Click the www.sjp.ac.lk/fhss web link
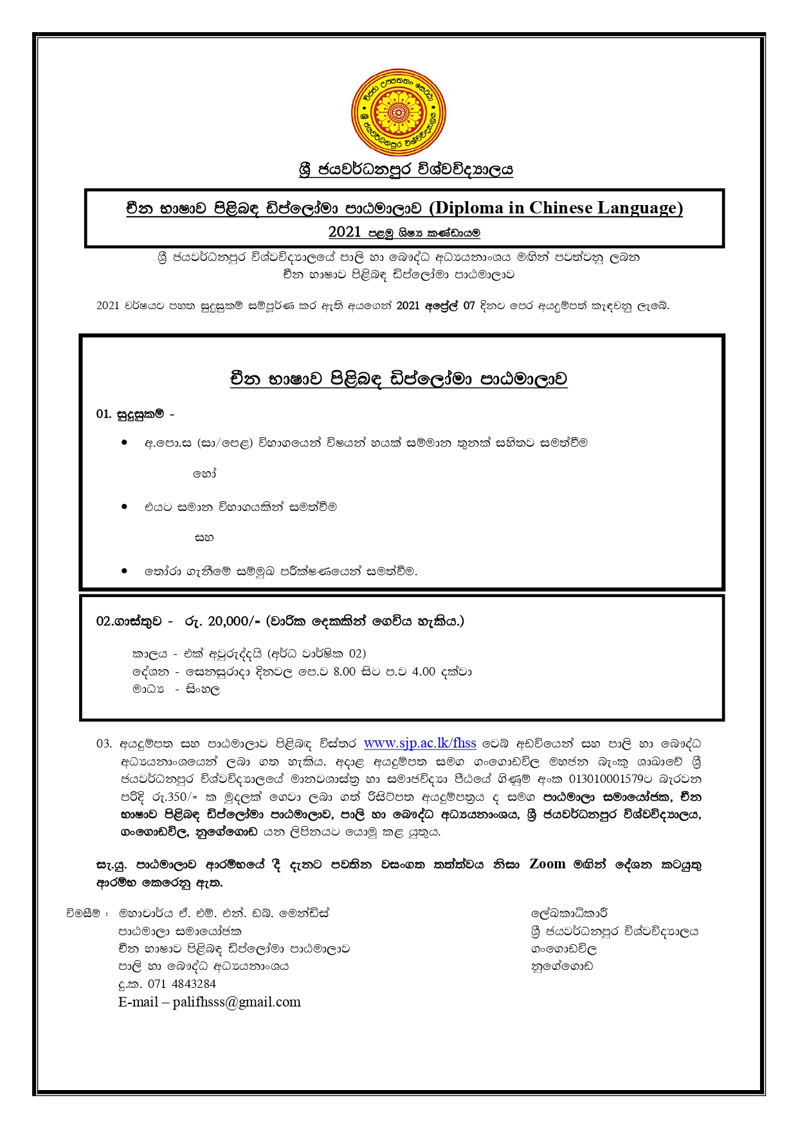(x=420, y=744)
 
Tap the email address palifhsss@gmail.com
(x=237, y=1002)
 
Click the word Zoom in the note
(x=547, y=864)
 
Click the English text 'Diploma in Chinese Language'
(x=556, y=208)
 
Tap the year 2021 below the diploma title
(x=345, y=232)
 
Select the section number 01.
(x=104, y=414)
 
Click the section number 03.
(x=104, y=744)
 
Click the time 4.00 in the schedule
(x=424, y=672)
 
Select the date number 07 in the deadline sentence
(x=469, y=306)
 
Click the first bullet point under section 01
(x=125, y=442)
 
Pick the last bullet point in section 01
(x=125, y=571)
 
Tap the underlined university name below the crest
(x=406, y=170)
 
